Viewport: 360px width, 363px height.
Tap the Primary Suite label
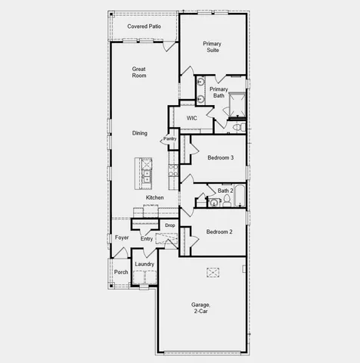212,47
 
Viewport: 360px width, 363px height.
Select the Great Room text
138,73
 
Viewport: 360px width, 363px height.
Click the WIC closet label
191,118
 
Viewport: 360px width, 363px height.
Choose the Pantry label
169,138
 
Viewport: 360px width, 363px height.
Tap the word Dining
140,134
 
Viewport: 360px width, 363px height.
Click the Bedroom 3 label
220,157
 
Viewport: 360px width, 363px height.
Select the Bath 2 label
226,191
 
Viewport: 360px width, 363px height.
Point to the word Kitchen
155,197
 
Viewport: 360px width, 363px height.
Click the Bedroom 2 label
220,231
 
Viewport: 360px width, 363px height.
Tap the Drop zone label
170,225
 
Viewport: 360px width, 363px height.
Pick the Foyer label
122,237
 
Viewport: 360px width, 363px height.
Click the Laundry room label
144,264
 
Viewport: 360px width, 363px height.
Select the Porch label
121,271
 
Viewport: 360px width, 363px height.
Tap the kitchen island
145,173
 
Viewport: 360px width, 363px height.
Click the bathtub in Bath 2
240,197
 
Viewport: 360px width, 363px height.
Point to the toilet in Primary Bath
237,127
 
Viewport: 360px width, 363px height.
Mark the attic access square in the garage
213,271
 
